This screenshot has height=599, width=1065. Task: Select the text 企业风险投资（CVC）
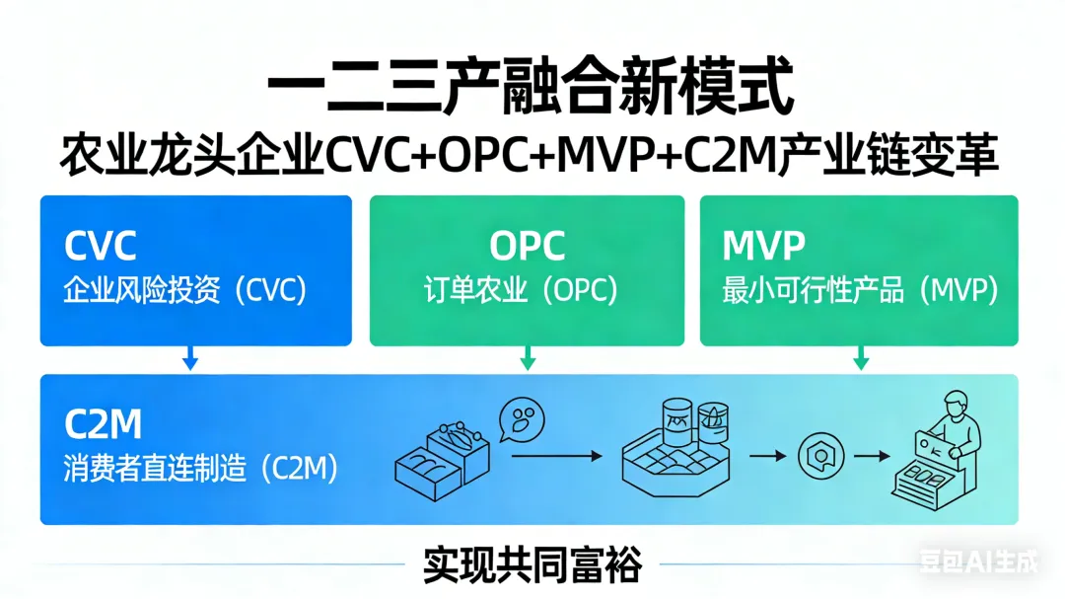pyautogui.click(x=185, y=290)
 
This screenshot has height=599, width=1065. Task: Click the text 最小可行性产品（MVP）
pyautogui.click(x=860, y=290)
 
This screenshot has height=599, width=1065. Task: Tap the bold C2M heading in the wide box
pyautogui.click(x=104, y=424)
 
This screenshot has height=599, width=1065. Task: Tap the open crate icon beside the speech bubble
pyautogui.click(x=442, y=459)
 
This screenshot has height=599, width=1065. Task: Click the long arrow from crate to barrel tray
pyautogui.click(x=557, y=456)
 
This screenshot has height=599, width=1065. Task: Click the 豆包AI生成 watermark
pyautogui.click(x=979, y=563)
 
